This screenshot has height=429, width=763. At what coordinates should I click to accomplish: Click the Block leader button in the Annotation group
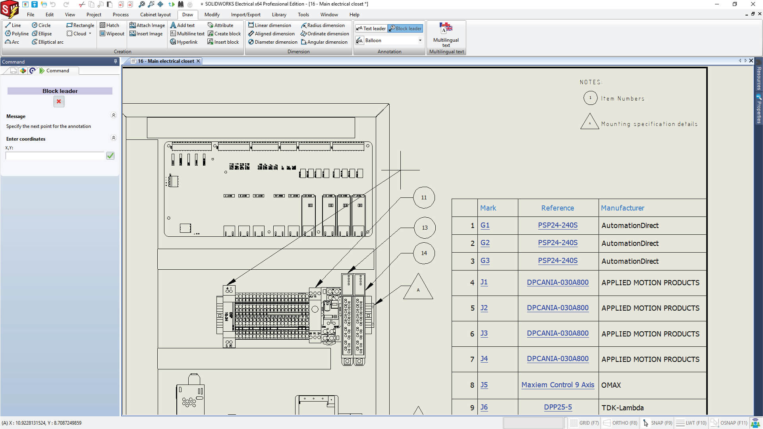coord(405,29)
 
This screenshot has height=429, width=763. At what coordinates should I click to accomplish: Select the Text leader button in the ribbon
coord(371,29)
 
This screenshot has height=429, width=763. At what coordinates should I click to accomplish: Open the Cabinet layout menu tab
coord(155,15)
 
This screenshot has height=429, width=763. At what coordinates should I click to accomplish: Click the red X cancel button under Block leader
coord(59,102)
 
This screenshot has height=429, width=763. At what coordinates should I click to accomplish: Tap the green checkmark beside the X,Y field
coord(110,156)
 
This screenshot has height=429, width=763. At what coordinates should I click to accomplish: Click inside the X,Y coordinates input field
coord(55,156)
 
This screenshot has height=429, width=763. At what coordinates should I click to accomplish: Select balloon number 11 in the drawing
coord(424,198)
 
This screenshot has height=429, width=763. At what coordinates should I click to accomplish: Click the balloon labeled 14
coord(424,253)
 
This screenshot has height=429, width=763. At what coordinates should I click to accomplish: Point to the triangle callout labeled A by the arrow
coord(418,288)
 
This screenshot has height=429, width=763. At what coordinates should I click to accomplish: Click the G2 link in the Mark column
coord(485,243)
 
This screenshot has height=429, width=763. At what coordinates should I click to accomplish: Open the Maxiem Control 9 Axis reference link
coord(558,385)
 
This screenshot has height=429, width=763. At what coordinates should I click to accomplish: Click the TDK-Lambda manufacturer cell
coord(622,408)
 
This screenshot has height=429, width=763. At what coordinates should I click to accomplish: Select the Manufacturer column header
coord(622,208)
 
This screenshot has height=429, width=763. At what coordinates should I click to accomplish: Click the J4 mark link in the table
coord(484,359)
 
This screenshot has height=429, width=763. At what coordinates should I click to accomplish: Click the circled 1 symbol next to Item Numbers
coord(590,98)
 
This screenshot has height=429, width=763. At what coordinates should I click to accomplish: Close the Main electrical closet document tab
coord(198,61)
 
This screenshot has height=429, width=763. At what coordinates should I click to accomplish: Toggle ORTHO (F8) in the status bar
coord(620,423)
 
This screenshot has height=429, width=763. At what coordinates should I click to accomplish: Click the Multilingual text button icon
coord(446,29)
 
